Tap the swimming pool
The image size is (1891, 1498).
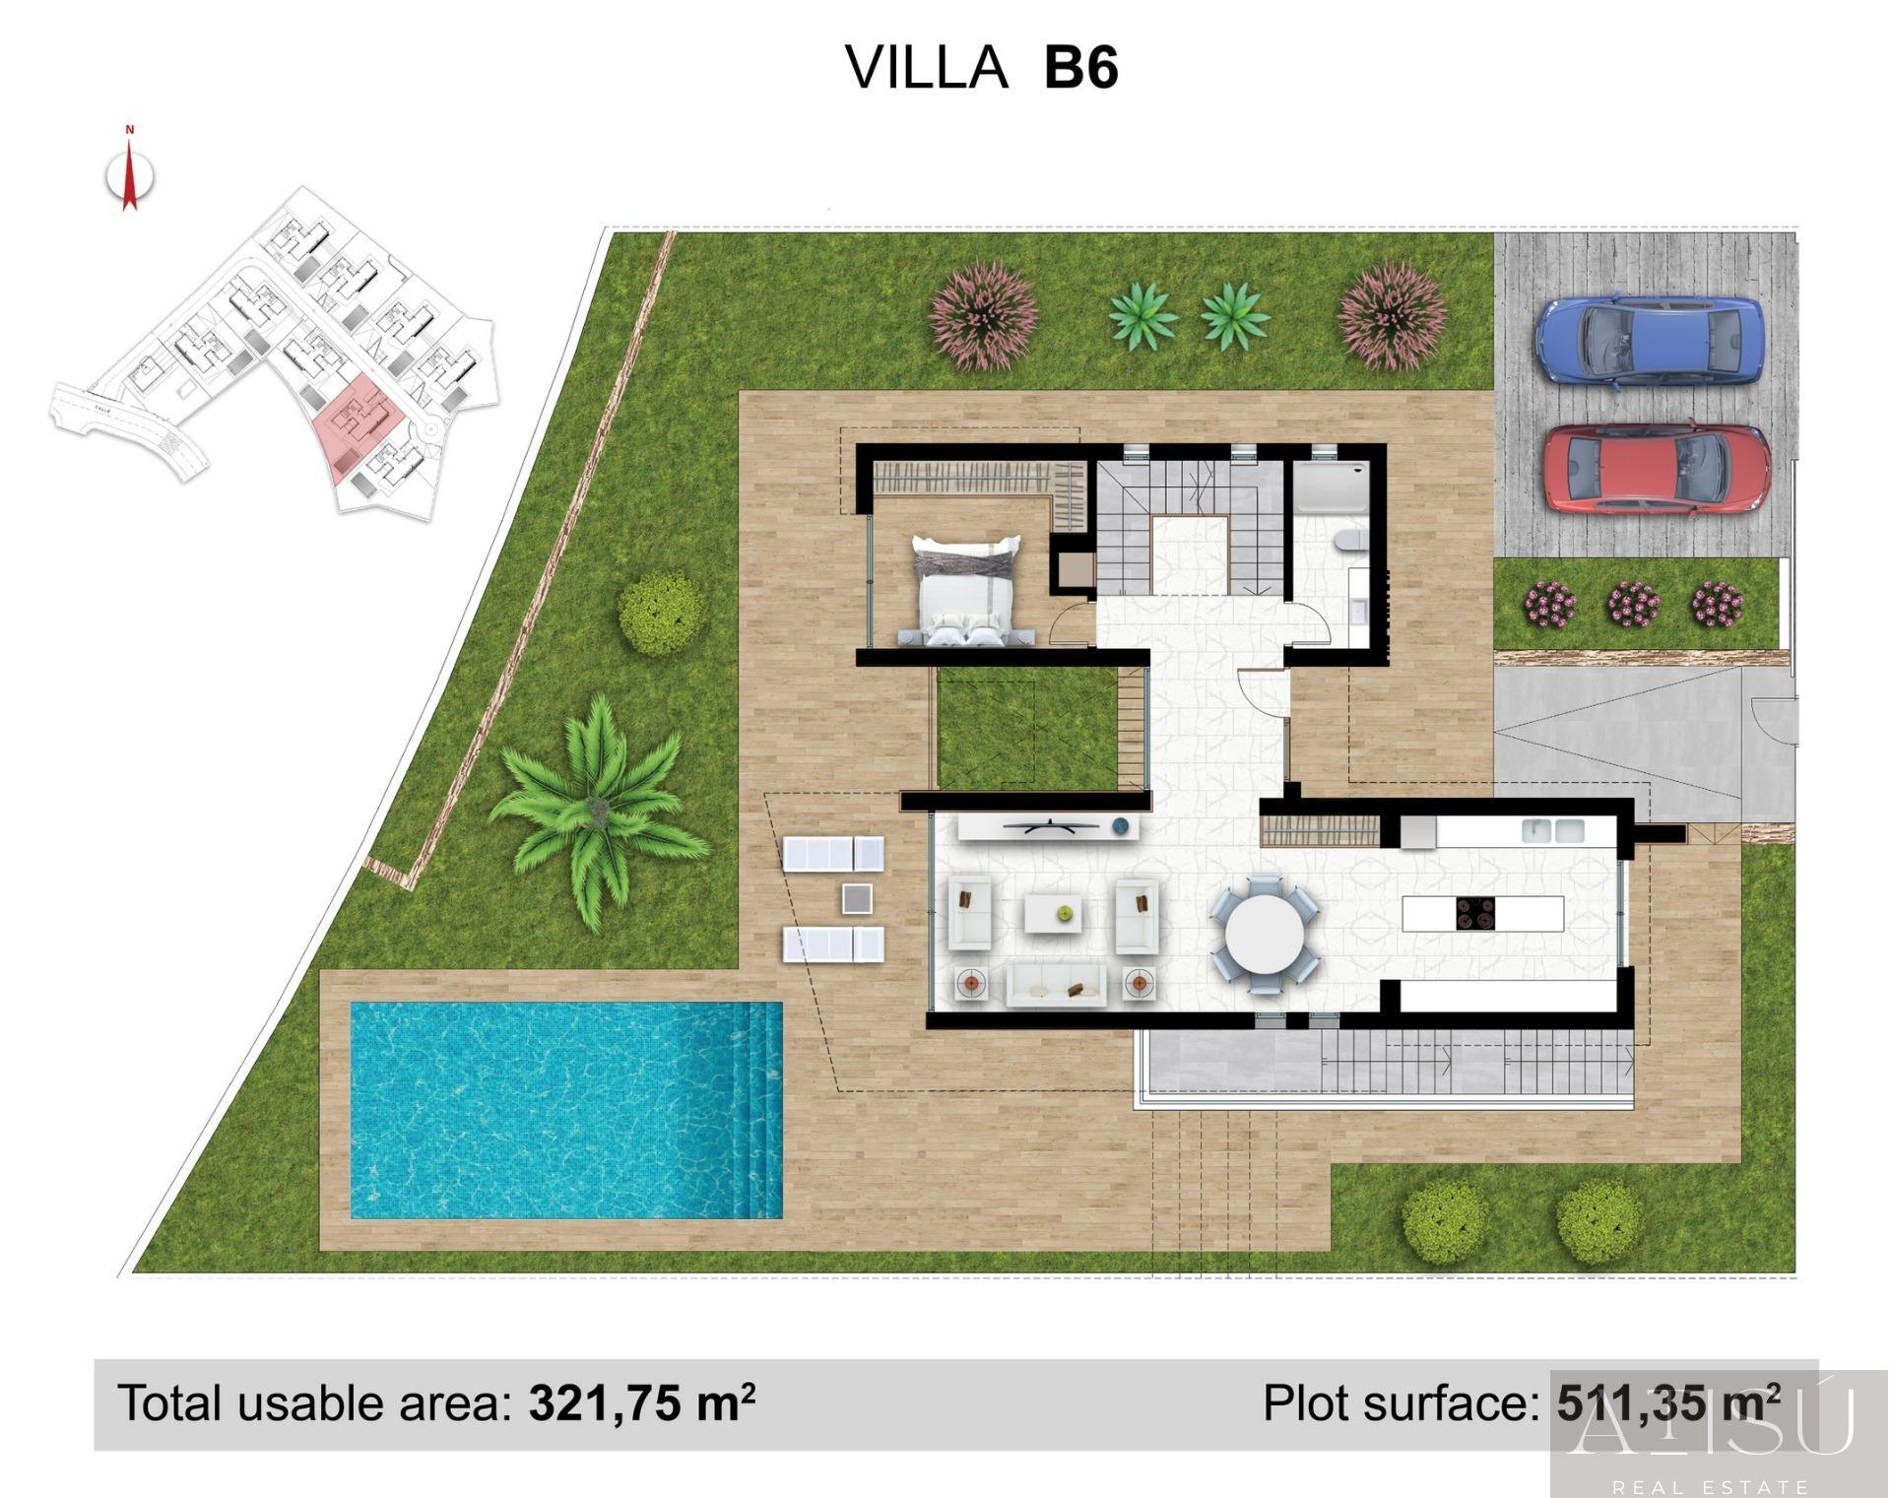click(x=565, y=1110)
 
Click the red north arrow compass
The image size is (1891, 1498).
click(x=129, y=174)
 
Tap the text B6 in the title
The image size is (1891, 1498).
click(x=1080, y=69)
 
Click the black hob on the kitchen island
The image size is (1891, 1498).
click(x=1474, y=913)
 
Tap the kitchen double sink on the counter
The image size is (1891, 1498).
click(x=1553, y=831)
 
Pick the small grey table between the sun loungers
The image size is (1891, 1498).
click(x=857, y=898)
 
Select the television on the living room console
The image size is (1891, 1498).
click(x=1050, y=825)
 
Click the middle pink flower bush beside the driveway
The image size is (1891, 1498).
click(x=1632, y=604)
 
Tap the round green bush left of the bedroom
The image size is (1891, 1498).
click(x=661, y=613)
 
